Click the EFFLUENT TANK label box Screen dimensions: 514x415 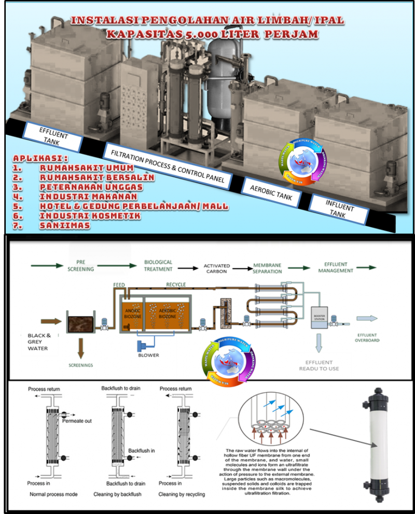pyautogui.click(x=53, y=136)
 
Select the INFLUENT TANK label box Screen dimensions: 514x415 pyautogui.click(x=340, y=208)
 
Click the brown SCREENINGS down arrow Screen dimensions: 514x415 pyautogui.click(x=80, y=347)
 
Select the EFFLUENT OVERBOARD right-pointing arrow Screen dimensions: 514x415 pyautogui.click(x=367, y=319)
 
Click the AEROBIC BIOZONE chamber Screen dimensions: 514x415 pyautogui.click(x=168, y=316)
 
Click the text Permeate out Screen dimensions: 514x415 pyautogui.click(x=77, y=421)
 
